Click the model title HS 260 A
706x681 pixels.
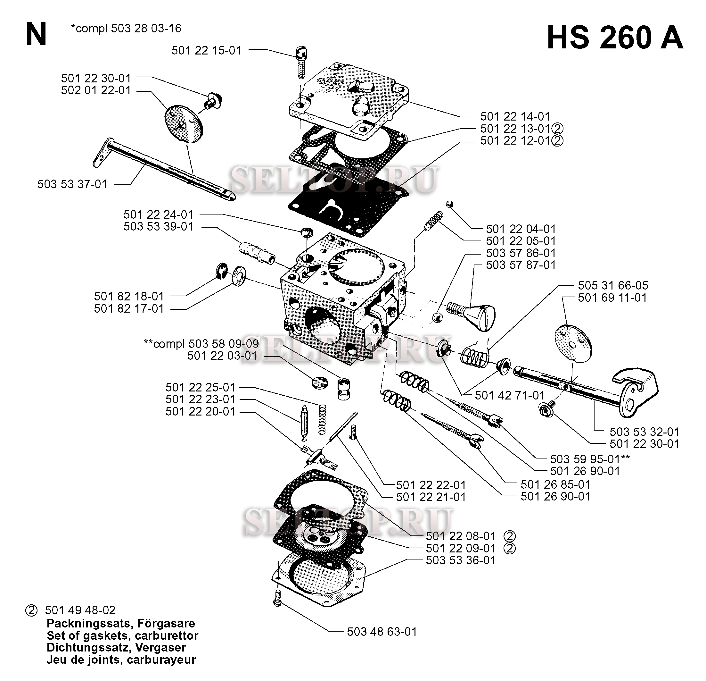click(614, 38)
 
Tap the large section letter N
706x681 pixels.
click(36, 35)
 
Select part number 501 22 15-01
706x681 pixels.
click(206, 50)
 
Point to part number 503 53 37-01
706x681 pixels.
click(72, 184)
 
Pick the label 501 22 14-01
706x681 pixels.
click(515, 116)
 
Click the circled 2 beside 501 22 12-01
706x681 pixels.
click(557, 141)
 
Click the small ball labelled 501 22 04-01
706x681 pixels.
click(449, 205)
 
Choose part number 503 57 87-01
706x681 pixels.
click(521, 265)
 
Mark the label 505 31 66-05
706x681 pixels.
click(613, 286)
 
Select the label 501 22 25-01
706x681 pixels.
click(200, 388)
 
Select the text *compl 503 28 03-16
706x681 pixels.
click(126, 29)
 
